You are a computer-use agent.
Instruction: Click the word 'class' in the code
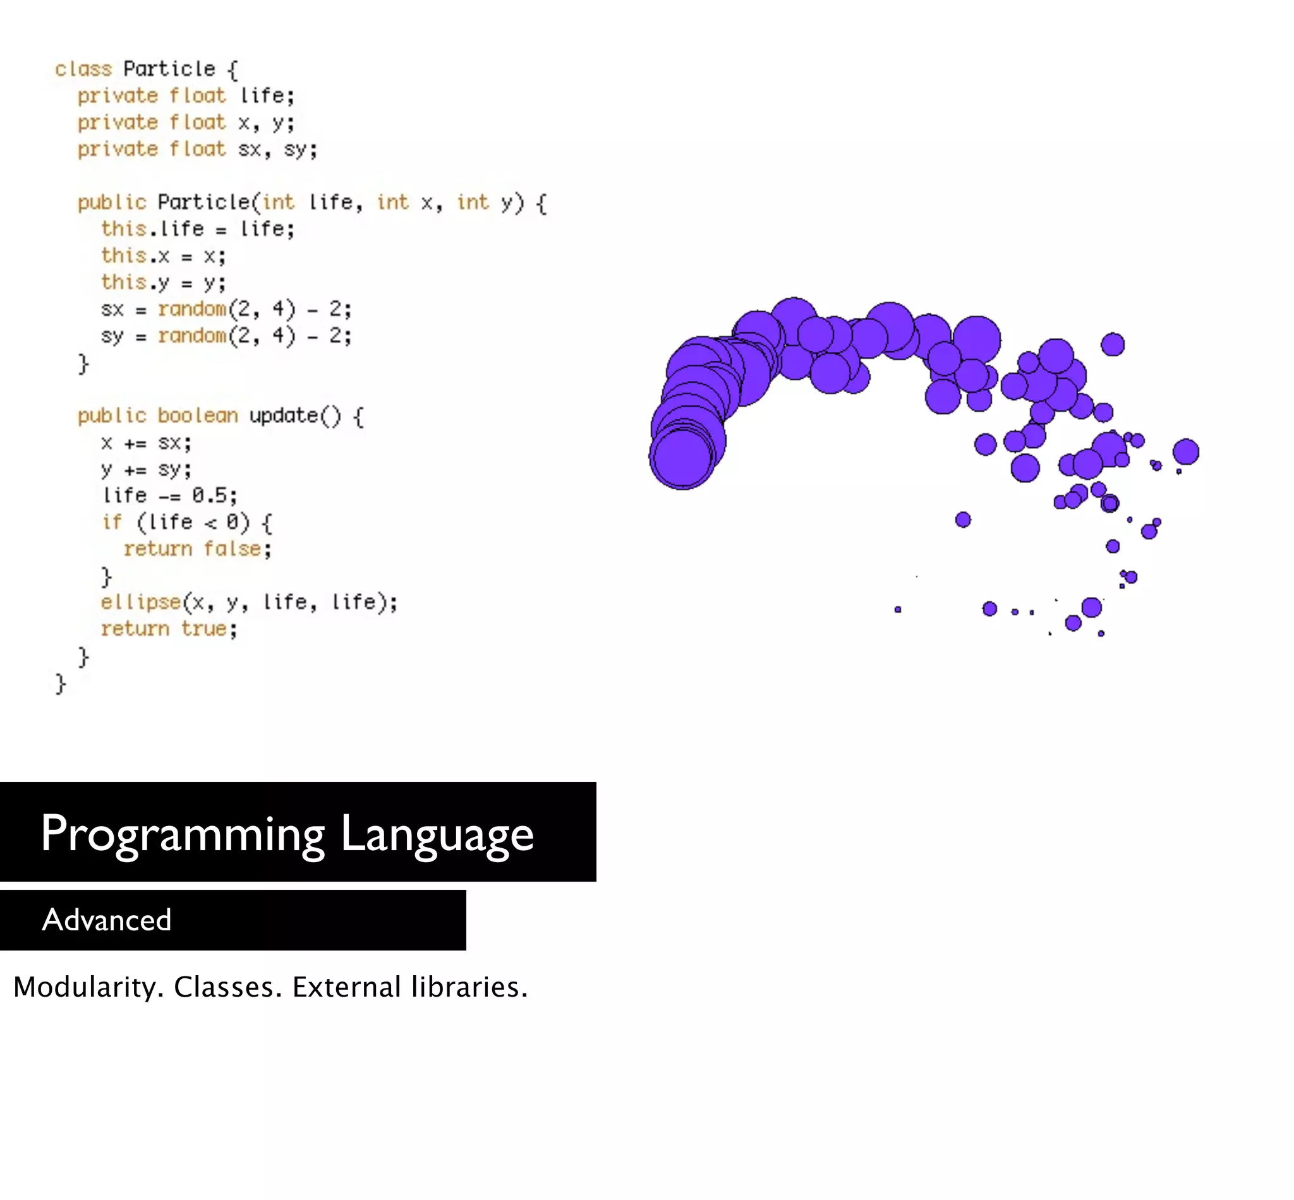(83, 69)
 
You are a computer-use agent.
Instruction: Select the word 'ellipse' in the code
(140, 602)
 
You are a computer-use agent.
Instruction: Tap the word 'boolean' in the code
(198, 416)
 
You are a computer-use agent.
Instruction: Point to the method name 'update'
(283, 416)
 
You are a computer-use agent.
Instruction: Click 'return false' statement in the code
(197, 549)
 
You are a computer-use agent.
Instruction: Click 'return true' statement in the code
(169, 628)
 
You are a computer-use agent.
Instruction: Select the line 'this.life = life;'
(198, 229)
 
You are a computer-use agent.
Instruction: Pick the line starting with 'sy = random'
(226, 336)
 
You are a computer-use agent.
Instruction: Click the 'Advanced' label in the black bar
(107, 920)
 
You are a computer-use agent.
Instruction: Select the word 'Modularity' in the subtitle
(88, 987)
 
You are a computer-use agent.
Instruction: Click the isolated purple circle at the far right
(1185, 452)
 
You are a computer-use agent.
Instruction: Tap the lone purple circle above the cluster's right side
(1112, 344)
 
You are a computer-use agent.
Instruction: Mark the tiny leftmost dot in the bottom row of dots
(897, 609)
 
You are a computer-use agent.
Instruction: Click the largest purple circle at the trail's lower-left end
(682, 457)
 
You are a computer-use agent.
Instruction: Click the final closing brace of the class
(61, 683)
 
